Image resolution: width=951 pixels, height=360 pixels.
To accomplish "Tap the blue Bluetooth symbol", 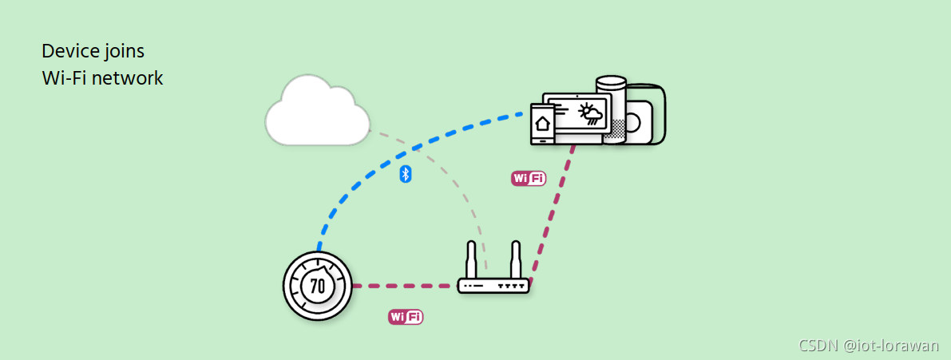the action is coord(405,174).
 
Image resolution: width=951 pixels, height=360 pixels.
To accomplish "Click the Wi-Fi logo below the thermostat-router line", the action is coord(406,318).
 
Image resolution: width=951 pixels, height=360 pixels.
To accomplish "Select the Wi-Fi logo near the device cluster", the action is coord(529,179).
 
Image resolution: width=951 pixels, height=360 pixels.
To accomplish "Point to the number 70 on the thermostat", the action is coord(317,286).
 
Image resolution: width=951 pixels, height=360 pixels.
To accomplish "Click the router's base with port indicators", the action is coord(493,286).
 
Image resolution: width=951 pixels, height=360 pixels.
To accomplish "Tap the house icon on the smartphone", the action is coord(543,124).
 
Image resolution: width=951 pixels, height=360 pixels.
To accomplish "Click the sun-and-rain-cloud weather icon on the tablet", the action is coord(591,113).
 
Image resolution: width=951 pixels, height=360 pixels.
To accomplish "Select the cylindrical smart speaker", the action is coord(613,108).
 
